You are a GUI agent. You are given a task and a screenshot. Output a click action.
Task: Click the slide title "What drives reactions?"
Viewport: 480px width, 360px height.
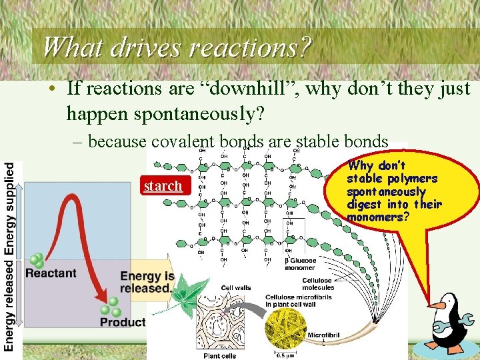click(x=177, y=47)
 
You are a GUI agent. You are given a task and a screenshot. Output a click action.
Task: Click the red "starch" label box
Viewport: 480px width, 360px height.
click(x=163, y=185)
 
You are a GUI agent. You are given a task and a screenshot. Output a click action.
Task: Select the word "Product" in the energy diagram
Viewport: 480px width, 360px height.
click(x=123, y=322)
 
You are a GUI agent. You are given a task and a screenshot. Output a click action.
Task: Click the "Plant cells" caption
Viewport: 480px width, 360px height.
click(x=221, y=355)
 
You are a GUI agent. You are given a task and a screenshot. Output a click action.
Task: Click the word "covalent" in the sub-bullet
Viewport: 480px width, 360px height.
click(x=181, y=142)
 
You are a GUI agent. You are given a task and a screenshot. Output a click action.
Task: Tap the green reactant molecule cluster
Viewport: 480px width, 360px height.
click(x=36, y=260)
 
